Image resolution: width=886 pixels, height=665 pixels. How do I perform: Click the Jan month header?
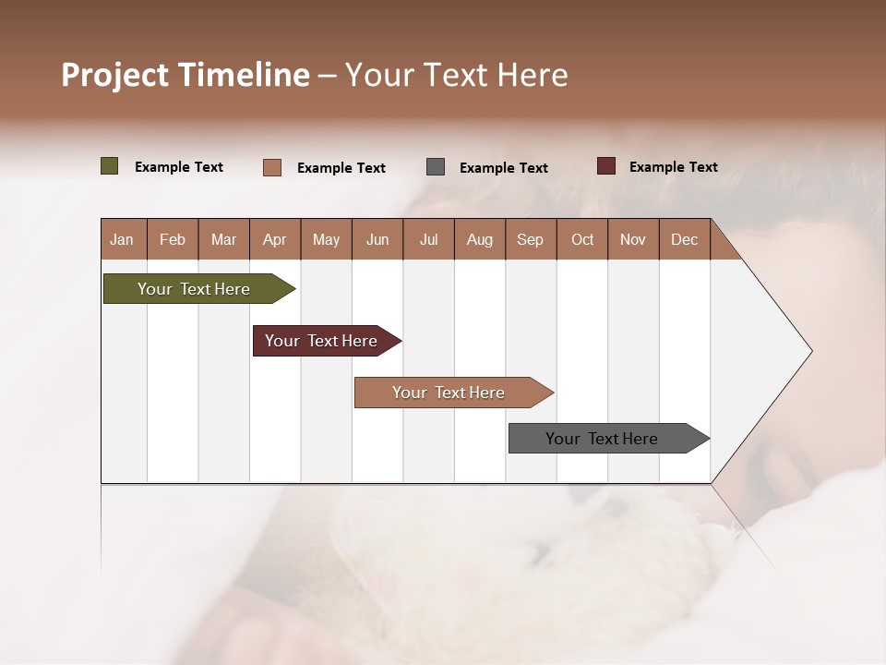pos(122,239)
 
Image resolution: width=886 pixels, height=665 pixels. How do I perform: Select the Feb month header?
pos(173,239)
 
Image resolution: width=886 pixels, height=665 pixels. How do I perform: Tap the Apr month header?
pos(274,239)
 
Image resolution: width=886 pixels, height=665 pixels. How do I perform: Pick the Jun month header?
pos(377,239)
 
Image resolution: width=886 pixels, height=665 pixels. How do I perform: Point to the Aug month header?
pos(479,239)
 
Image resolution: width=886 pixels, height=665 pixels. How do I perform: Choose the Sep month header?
pos(530,239)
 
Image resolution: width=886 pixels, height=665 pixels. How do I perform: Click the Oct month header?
pos(582,239)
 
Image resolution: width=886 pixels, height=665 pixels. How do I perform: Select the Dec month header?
pos(684,239)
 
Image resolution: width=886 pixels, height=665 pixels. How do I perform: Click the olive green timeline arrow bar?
pos(194,289)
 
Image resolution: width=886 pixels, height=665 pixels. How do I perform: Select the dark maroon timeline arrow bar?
pos(321,341)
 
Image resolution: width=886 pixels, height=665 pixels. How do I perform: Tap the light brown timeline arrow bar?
pos(449,393)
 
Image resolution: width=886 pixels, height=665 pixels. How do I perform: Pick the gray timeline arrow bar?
pos(602,439)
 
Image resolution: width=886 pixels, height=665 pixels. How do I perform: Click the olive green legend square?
pos(110,166)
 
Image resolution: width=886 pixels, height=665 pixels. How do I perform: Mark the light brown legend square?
pos(272,167)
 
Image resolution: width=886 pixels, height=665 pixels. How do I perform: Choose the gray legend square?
pos(436,167)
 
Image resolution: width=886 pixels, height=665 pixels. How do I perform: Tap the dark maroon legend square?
pos(606,166)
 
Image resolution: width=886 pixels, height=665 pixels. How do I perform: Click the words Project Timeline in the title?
pos(186,75)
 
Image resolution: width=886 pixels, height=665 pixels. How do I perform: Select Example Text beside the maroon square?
pos(673,167)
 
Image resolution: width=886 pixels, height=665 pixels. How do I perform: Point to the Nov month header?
pos(633,239)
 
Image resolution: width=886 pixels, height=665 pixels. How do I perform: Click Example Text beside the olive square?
pos(179,167)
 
